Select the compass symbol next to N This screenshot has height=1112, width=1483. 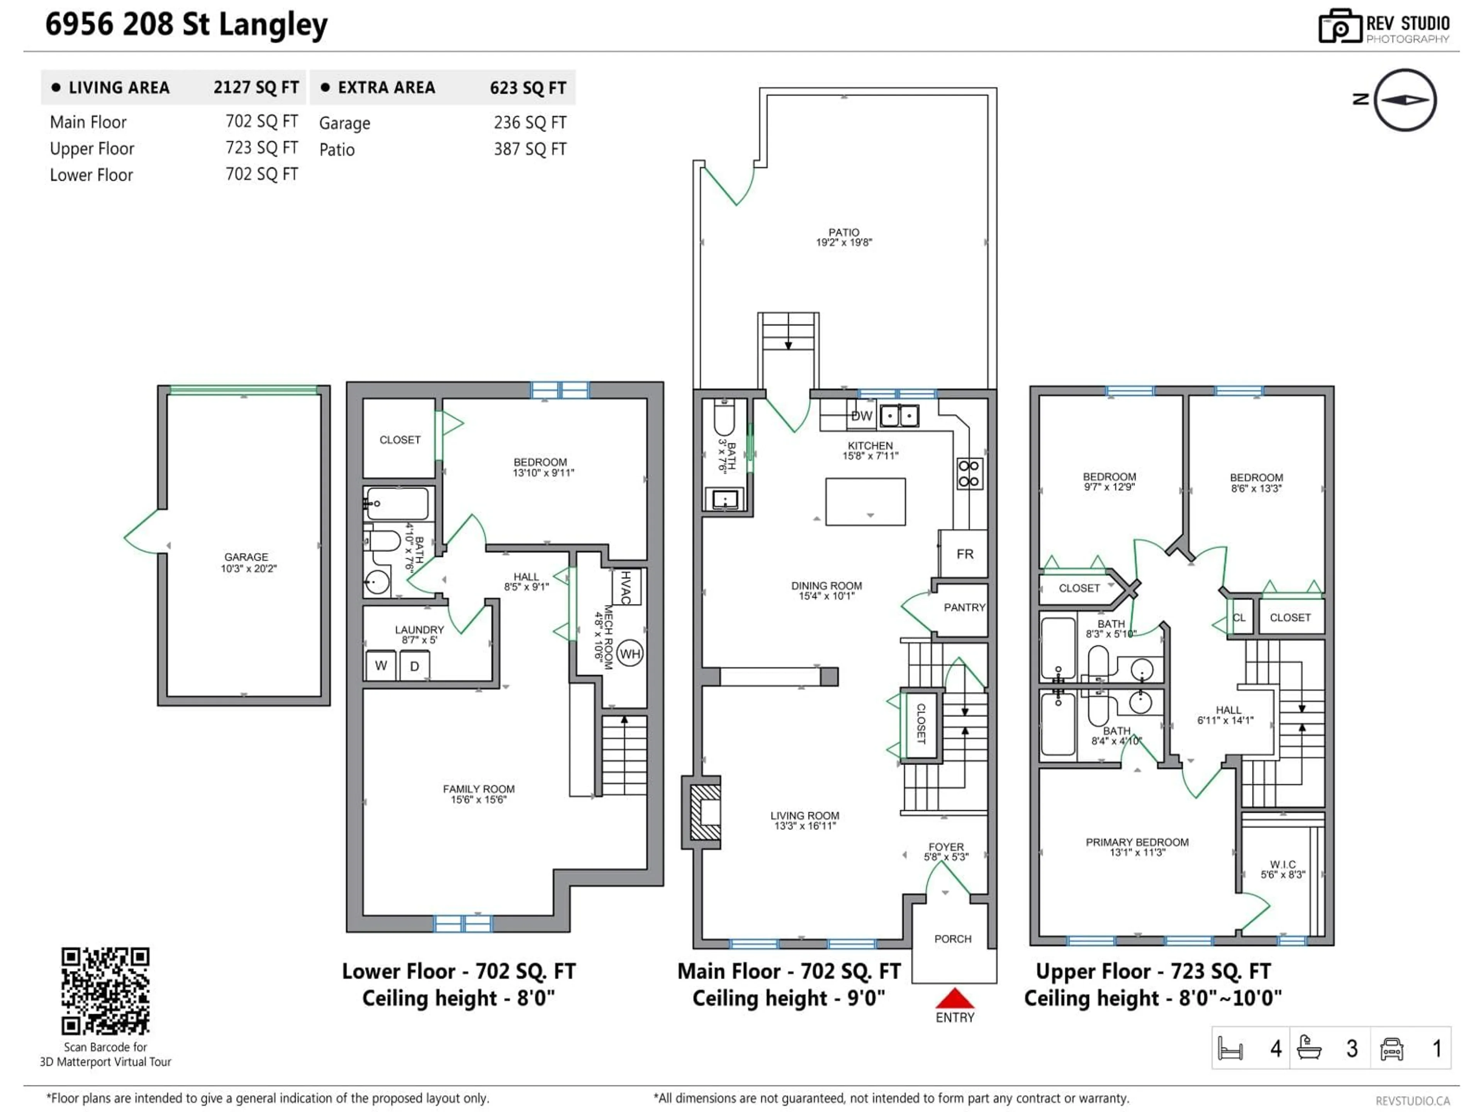[1405, 100]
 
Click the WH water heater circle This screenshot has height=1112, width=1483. [630, 654]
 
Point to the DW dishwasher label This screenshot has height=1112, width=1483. [862, 416]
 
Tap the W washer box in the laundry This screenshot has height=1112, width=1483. [381, 666]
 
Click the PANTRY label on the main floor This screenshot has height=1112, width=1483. [964, 607]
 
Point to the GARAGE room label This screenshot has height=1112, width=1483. [246, 557]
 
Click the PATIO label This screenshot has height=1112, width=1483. [843, 232]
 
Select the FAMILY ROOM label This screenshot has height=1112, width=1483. [478, 789]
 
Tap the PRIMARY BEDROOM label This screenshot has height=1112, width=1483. [1137, 842]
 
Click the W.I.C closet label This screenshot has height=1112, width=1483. [1283, 865]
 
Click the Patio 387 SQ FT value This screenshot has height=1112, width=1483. [529, 149]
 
